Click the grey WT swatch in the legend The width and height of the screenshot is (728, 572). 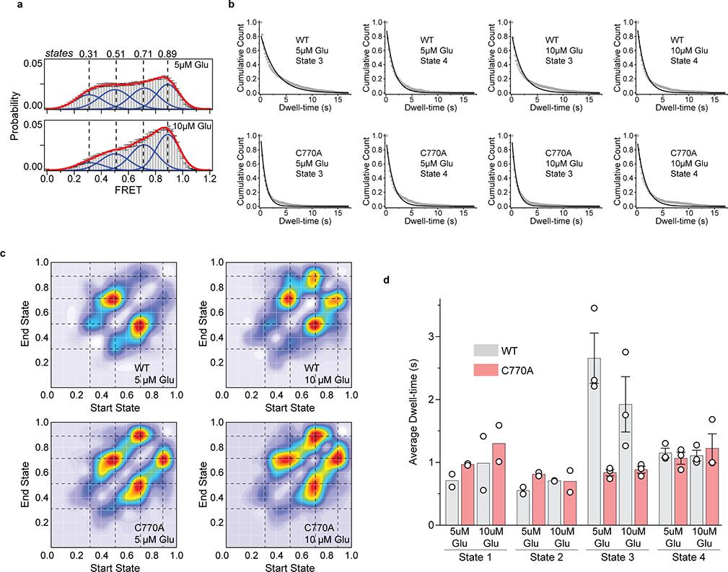487,350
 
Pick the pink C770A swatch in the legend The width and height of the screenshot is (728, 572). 487,372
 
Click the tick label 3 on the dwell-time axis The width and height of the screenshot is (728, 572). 430,336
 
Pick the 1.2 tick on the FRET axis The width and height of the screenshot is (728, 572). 210,180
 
